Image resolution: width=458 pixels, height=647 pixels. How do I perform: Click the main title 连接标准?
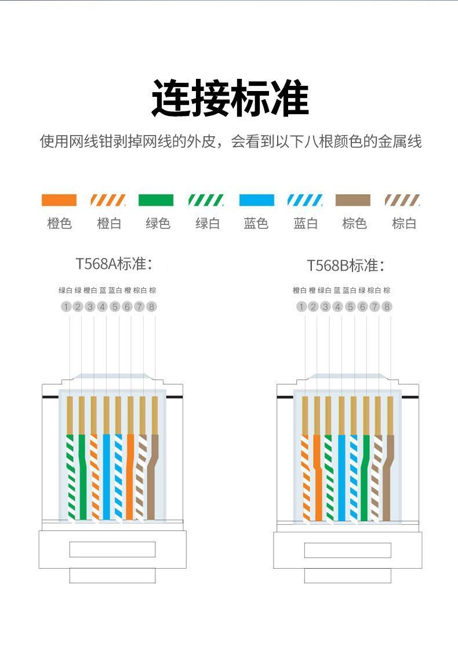[230, 98]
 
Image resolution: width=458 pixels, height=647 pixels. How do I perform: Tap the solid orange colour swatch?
[59, 200]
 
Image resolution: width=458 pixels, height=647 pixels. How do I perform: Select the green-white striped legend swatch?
[205, 200]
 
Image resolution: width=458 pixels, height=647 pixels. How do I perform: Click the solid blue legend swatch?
[257, 200]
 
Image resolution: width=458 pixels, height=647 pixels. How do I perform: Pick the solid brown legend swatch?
[353, 200]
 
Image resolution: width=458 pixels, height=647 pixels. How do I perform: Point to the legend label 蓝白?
[306, 224]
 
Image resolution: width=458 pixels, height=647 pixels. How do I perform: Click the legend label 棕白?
[404, 224]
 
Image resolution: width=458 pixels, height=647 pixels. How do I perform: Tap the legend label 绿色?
[158, 224]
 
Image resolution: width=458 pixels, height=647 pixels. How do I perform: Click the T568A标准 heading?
[114, 264]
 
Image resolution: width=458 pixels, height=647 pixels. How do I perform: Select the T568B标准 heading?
[346, 266]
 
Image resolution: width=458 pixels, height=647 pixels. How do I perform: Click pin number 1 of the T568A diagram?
[66, 307]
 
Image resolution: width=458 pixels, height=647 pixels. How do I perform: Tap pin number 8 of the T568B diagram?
[387, 307]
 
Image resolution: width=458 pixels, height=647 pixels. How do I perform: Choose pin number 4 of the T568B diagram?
[338, 307]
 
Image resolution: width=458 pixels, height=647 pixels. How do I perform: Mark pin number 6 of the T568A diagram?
[127, 307]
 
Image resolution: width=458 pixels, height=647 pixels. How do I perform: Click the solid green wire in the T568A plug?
[82, 477]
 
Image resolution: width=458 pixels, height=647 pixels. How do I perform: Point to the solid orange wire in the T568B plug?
[317, 477]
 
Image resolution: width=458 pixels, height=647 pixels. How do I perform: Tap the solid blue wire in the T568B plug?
[341, 477]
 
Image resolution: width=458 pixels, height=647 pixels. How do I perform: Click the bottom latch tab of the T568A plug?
[112, 576]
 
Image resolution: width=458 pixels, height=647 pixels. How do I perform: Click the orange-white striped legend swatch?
[108, 200]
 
